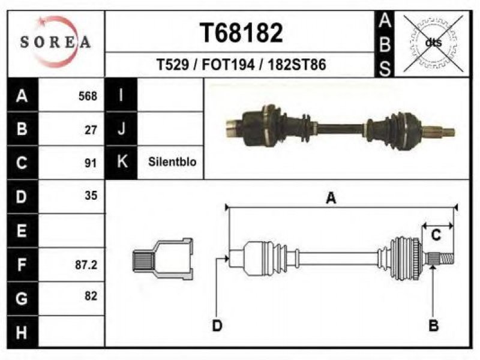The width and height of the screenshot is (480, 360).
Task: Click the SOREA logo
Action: click(x=55, y=41)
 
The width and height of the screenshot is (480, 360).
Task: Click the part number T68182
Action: click(x=241, y=33)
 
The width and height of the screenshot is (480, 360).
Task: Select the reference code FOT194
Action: click(x=228, y=65)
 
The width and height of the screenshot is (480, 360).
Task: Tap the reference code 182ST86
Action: click(x=296, y=65)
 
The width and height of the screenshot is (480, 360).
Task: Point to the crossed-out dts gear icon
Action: click(x=433, y=43)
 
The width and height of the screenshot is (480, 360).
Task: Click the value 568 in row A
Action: click(x=88, y=96)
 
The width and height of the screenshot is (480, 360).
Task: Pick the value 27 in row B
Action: click(x=91, y=130)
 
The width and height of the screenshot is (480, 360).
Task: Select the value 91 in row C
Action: click(x=91, y=163)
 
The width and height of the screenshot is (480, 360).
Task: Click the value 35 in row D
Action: click(x=91, y=196)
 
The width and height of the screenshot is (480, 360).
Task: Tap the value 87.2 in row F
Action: click(x=86, y=265)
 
